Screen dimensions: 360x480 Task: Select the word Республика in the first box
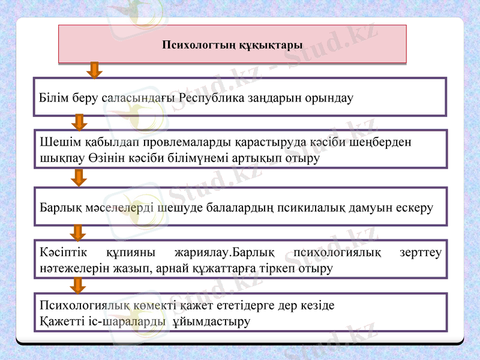[x=212, y=97]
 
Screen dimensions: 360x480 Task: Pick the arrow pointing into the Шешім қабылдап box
[x=79, y=122]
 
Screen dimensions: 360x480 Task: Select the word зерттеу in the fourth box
[x=420, y=253]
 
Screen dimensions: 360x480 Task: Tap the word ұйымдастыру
[x=211, y=322]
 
